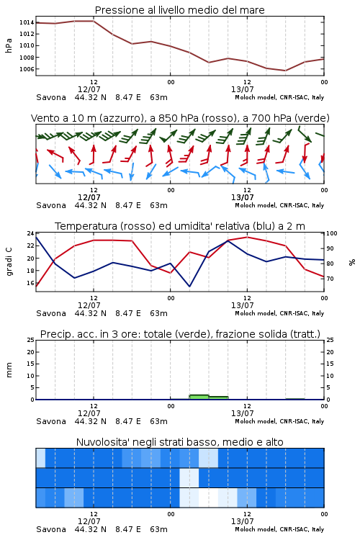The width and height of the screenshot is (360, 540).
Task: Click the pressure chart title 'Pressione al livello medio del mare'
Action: click(179, 10)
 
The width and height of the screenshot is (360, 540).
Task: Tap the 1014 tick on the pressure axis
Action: click(27, 22)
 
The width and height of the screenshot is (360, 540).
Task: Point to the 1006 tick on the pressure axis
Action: click(27, 69)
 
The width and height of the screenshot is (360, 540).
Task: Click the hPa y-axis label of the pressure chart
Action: click(9, 45)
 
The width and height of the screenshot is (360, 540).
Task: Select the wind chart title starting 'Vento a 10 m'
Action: click(180, 118)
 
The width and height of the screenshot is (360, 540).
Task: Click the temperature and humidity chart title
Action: click(180, 226)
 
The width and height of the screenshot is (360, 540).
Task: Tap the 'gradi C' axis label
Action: click(9, 262)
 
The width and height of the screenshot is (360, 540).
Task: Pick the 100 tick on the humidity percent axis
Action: click(332, 233)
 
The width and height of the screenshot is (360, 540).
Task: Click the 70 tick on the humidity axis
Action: click(330, 279)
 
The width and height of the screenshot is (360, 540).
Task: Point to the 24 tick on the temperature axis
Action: click(30, 233)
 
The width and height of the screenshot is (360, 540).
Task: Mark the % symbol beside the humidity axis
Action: click(352, 262)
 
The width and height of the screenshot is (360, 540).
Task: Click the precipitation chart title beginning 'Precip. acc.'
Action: click(180, 334)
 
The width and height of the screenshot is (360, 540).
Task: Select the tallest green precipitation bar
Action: click(199, 397)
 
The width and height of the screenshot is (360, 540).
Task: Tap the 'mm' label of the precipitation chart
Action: click(9, 370)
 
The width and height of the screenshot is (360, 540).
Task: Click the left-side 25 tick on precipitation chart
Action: click(30, 340)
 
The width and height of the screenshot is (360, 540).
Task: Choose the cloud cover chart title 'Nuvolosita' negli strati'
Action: click(179, 442)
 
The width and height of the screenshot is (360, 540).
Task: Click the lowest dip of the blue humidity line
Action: click(189, 286)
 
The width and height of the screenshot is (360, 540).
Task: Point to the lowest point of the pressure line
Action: click(285, 71)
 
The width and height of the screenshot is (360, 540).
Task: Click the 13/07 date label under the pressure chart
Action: click(242, 89)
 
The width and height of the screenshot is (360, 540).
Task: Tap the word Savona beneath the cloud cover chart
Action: click(51, 529)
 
